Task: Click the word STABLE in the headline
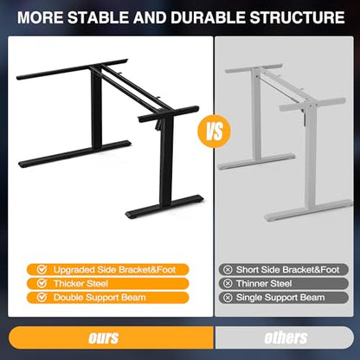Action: pyautogui.click(x=98, y=17)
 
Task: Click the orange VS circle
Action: pyautogui.click(x=214, y=132)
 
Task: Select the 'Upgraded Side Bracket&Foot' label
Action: pyautogui.click(x=108, y=270)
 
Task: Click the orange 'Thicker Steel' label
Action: pyautogui.click(x=108, y=284)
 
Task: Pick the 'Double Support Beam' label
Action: pyautogui.click(x=108, y=298)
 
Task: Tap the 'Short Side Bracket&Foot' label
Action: pyautogui.click(x=283, y=270)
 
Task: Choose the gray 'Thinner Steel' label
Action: pyautogui.click(x=283, y=284)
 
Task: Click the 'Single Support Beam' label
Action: pyautogui.click(x=283, y=298)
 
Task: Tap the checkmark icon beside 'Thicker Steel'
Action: pyautogui.click(x=42, y=283)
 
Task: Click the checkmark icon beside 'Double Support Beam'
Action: pyautogui.click(x=42, y=297)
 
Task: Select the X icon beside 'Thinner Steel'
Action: pyautogui.click(x=228, y=284)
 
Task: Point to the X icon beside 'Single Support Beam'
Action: pyautogui.click(x=228, y=298)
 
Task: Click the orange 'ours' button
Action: pyautogui.click(x=111, y=337)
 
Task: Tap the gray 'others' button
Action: pyautogui.click(x=285, y=337)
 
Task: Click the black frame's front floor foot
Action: pyautogui.click(x=164, y=207)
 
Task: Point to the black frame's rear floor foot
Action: pyautogui.click(x=74, y=154)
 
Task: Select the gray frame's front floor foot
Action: pyautogui.click(x=308, y=210)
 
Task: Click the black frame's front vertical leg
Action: pyautogui.click(x=167, y=163)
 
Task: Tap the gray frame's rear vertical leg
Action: pyautogui.click(x=256, y=114)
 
